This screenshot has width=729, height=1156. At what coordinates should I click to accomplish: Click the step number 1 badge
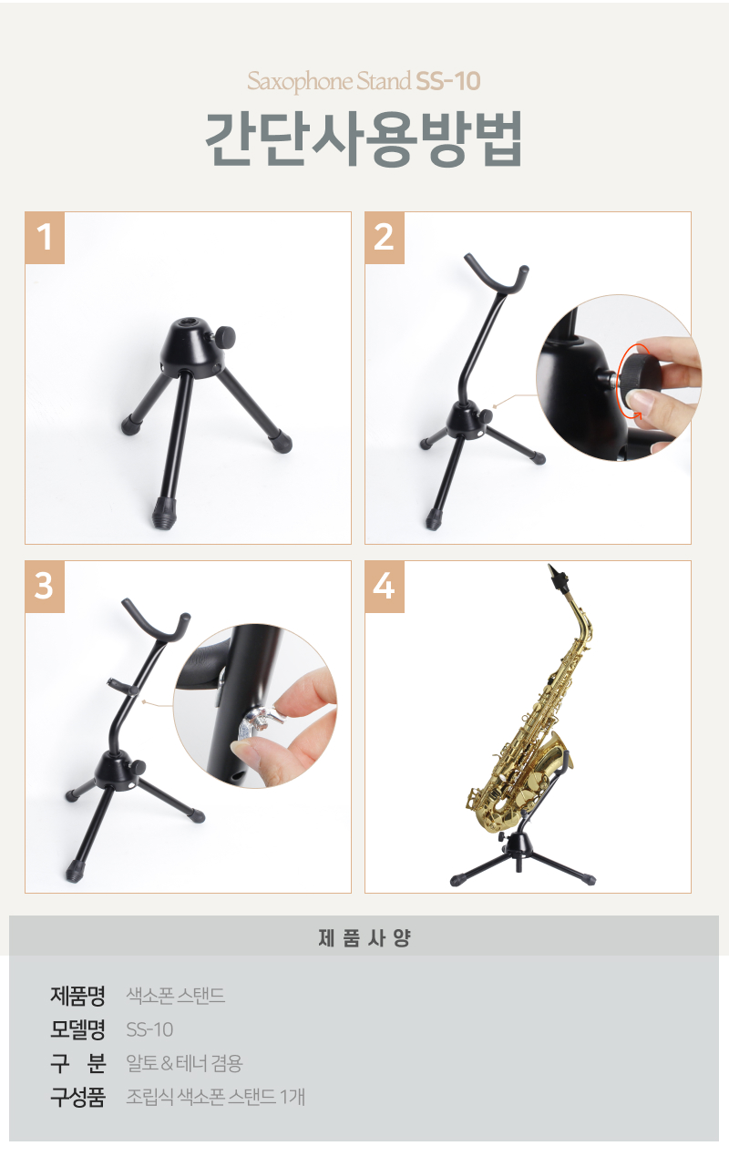pos(45,238)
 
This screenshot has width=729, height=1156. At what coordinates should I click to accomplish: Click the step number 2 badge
pos(385,238)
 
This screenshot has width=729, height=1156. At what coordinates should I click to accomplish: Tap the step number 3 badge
pos(45,587)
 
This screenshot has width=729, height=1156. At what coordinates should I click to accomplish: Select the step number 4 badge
pos(385,587)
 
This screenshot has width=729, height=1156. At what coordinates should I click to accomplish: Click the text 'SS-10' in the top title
pos(448,81)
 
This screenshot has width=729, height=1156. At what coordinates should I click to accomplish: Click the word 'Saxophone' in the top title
pos(300,82)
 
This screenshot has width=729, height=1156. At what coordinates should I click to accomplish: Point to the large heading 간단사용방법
pos(364,138)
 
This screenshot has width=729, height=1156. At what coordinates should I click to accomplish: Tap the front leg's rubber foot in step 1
pos(165,513)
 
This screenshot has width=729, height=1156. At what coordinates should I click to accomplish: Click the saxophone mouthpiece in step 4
pos(557,578)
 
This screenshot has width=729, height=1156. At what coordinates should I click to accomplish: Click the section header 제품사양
pos(364,937)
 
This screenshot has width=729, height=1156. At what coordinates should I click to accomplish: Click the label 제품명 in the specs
pos(77,996)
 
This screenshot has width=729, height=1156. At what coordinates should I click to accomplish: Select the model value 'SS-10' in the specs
pos(149,1029)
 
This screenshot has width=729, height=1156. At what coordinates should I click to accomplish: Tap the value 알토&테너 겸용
pos(184,1063)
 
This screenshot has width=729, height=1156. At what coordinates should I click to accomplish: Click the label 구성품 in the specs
pos(77,1097)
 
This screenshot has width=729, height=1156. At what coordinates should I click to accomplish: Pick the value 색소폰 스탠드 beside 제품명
pos(176,996)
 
